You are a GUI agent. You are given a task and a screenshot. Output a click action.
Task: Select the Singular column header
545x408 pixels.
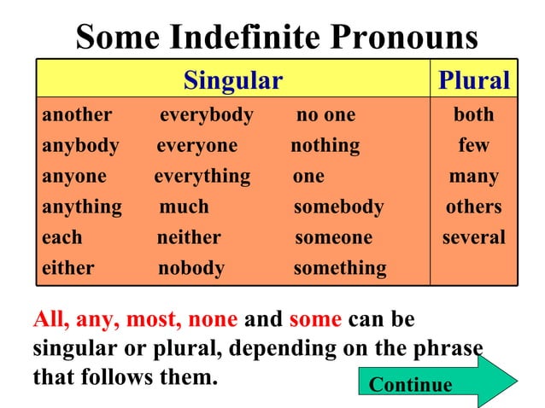tap(232, 80)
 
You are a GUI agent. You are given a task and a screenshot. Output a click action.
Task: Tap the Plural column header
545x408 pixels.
tap(473, 80)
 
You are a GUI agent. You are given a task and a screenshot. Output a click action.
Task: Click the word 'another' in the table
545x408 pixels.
tap(77, 114)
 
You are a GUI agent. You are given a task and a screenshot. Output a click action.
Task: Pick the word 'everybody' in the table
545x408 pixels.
tap(206, 114)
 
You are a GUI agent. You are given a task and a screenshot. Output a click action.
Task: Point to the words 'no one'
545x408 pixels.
tap(325, 114)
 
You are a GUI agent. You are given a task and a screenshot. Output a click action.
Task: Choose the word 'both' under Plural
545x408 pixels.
tap(473, 114)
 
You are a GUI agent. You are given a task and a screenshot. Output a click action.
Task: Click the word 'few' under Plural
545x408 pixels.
tap(473, 145)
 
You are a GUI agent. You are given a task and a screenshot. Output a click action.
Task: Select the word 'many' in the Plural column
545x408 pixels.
tap(473, 176)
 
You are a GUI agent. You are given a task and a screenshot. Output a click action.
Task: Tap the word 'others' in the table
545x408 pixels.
tap(473, 207)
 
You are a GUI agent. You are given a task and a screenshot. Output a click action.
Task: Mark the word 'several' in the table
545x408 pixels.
tap(473, 237)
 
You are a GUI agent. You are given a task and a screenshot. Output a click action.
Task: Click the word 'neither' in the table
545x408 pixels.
tap(188, 237)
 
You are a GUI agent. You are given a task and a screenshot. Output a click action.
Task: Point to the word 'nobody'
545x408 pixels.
tap(191, 268)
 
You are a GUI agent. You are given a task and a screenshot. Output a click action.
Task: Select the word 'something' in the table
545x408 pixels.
tap(339, 268)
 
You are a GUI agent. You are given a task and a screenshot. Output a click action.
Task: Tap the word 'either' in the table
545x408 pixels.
tap(68, 268)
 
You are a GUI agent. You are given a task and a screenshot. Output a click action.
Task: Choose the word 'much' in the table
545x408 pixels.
tap(184, 207)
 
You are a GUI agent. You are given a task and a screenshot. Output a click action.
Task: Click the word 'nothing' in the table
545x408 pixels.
tap(325, 145)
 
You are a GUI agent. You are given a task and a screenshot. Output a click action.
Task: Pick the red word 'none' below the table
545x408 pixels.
tap(213, 320)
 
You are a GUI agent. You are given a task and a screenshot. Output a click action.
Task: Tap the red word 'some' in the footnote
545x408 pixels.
tap(315, 320)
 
